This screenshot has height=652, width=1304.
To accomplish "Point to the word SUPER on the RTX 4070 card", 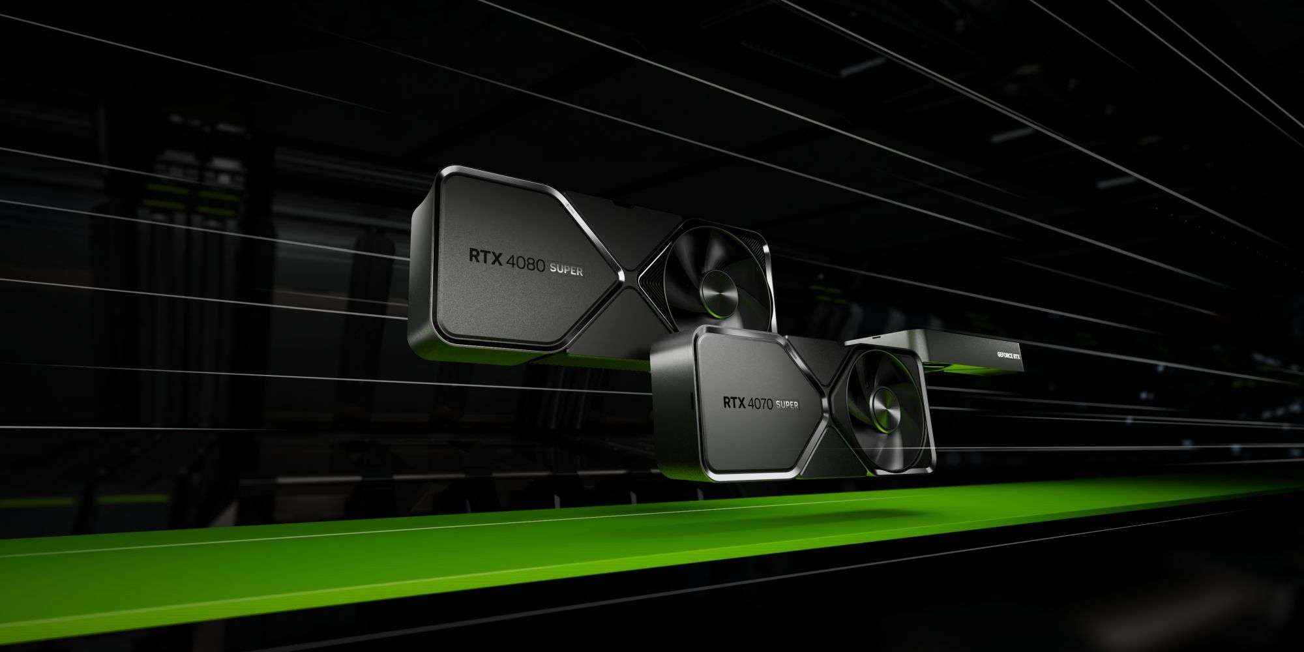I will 787,406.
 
